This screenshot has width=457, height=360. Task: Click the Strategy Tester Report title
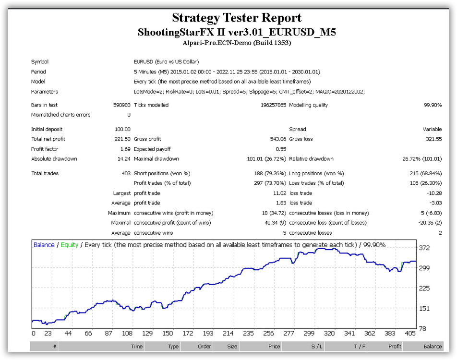[x=237, y=18]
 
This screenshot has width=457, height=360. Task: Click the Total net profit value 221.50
[x=122, y=139]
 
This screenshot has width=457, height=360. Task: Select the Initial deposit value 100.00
[x=122, y=129]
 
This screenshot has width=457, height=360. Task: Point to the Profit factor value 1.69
[x=125, y=149]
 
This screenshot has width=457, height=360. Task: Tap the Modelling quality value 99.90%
[x=433, y=105]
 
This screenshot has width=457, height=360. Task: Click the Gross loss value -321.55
[x=433, y=139]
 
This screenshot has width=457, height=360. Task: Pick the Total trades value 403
[x=126, y=173]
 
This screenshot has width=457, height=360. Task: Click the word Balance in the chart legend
[x=44, y=245]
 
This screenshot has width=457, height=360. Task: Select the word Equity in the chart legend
[x=69, y=245]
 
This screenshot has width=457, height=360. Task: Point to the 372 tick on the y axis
[x=424, y=248]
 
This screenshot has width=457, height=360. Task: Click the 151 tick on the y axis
[x=424, y=309]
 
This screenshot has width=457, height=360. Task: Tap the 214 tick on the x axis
[x=228, y=333]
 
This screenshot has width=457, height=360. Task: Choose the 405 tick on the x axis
[x=410, y=333]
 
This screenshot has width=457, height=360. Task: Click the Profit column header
[x=395, y=346]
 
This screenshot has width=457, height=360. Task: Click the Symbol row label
[x=40, y=62]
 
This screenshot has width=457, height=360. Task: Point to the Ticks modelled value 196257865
[x=273, y=105]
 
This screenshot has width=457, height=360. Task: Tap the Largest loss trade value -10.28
[x=434, y=193]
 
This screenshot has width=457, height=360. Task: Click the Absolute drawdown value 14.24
[x=124, y=159]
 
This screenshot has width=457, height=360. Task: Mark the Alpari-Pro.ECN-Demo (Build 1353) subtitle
[x=237, y=43]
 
